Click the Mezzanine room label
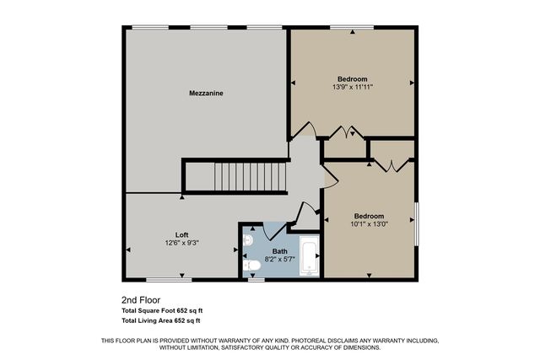[x=205, y=94]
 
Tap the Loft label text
[x=181, y=234]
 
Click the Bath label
[x=278, y=251]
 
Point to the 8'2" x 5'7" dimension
[x=279, y=260]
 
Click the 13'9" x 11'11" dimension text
[x=353, y=87]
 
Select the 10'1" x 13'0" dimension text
[x=370, y=224]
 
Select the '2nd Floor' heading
[x=141, y=299]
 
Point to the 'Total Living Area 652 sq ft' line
[x=161, y=321]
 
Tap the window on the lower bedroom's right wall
[x=415, y=223]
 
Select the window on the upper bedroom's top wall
[x=352, y=28]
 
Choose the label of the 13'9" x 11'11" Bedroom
[x=353, y=78]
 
